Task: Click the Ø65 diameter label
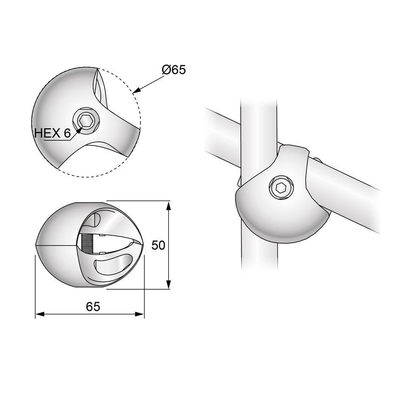[x=174, y=69]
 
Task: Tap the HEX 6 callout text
[x=52, y=133]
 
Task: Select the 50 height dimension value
[x=158, y=246]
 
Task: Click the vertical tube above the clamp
[x=258, y=119]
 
